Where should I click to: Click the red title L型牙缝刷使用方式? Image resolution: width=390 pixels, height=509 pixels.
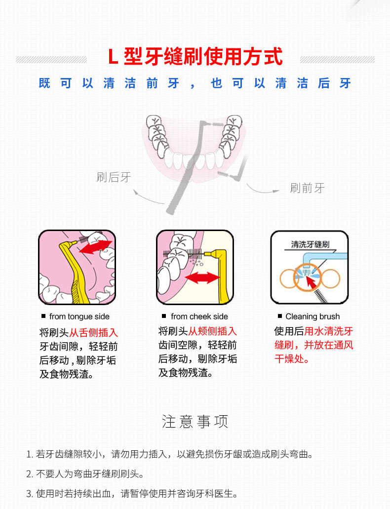click(x=195, y=57)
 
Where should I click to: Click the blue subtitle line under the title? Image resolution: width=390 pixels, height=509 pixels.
click(x=195, y=83)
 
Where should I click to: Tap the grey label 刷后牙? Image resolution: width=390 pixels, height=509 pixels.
click(x=114, y=177)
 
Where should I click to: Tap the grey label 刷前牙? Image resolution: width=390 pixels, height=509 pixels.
click(x=307, y=188)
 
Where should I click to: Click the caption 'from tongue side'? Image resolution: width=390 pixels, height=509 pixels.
click(x=79, y=316)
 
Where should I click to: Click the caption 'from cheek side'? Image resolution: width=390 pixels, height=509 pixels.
click(x=199, y=316)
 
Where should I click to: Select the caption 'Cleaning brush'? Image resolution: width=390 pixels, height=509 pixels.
click(x=312, y=316)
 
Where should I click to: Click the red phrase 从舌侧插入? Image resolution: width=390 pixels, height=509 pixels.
click(x=93, y=333)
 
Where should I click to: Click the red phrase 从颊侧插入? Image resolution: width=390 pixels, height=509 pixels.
click(x=212, y=331)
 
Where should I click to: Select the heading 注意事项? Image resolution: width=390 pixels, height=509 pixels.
click(x=195, y=422)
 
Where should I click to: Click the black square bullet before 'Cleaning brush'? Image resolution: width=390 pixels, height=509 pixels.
click(x=280, y=316)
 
